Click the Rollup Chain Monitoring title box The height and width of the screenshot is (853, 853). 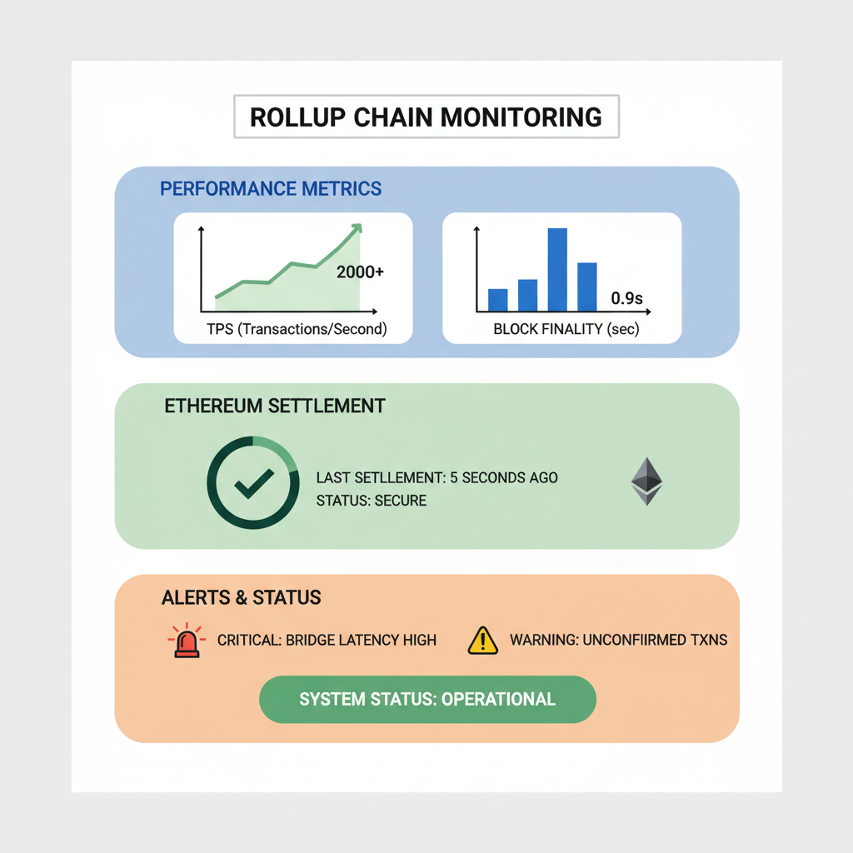coord(426,117)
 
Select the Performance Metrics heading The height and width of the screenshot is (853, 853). coord(271,188)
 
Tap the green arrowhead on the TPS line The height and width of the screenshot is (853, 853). coord(357,227)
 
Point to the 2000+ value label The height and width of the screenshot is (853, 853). coord(360,272)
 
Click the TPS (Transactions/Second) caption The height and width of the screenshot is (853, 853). coord(297,329)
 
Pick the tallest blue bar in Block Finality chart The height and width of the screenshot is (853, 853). coord(557,269)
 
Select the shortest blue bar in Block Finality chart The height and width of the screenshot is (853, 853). coord(497,299)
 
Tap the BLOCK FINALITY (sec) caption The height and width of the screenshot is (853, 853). coord(566,329)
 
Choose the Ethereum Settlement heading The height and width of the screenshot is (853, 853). coord(275,407)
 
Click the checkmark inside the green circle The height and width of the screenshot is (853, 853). coord(253,482)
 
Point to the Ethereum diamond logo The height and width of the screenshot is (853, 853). coord(646,481)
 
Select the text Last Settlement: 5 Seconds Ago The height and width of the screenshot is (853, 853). coord(436,478)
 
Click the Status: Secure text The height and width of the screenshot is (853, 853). coord(371,501)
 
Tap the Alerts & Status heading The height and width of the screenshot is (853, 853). coord(242,597)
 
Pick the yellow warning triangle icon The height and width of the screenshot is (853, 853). coord(482,641)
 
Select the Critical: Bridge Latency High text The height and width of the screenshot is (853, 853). coord(327,641)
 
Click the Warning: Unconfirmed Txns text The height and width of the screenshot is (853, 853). coord(618,641)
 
